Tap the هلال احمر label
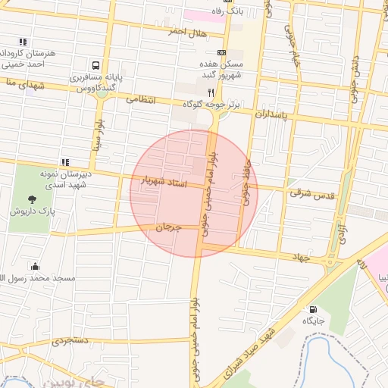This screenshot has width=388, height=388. coord(188,32)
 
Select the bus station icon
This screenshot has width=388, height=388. coord(96,66)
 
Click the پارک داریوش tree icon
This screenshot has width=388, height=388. coord(31,199)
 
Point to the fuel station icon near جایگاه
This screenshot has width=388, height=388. coord(313,309)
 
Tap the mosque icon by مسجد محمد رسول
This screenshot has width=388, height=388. coord(35,266)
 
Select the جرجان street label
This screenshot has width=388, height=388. coord(170,227)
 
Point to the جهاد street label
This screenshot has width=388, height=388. coord(302,258)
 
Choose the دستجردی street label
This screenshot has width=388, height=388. coord(70,341)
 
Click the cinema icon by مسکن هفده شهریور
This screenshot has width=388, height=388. coord(221,52)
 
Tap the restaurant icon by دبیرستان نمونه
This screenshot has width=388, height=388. coord(66,161)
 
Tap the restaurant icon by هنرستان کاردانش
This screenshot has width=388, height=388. coord(23,42)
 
